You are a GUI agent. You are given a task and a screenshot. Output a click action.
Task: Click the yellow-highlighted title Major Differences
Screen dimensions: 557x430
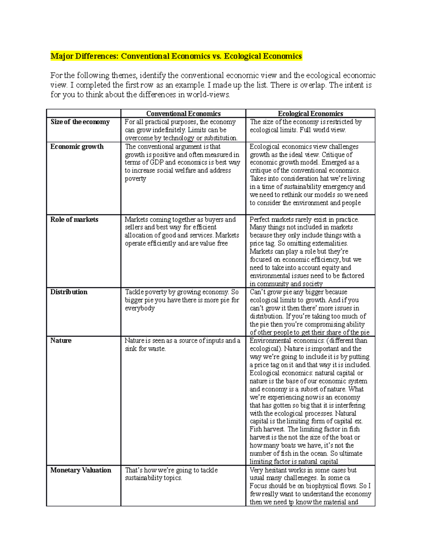tap(176, 56)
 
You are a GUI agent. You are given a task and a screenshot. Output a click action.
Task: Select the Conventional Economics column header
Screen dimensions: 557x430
tap(183, 114)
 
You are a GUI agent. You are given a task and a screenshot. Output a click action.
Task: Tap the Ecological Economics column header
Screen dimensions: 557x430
tap(310, 114)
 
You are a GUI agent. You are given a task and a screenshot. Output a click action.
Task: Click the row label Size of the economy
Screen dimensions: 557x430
tap(80, 122)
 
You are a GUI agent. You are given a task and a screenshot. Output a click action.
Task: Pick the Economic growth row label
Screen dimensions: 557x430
tap(77, 147)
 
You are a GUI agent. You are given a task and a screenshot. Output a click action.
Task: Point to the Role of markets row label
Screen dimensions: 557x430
tap(74, 220)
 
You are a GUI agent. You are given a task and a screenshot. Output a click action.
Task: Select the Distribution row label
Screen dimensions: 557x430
tap(69, 292)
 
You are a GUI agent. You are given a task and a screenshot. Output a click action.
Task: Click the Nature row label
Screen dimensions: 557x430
tap(61, 341)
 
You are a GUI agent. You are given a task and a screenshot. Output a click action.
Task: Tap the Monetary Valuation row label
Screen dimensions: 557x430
tap(81, 470)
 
